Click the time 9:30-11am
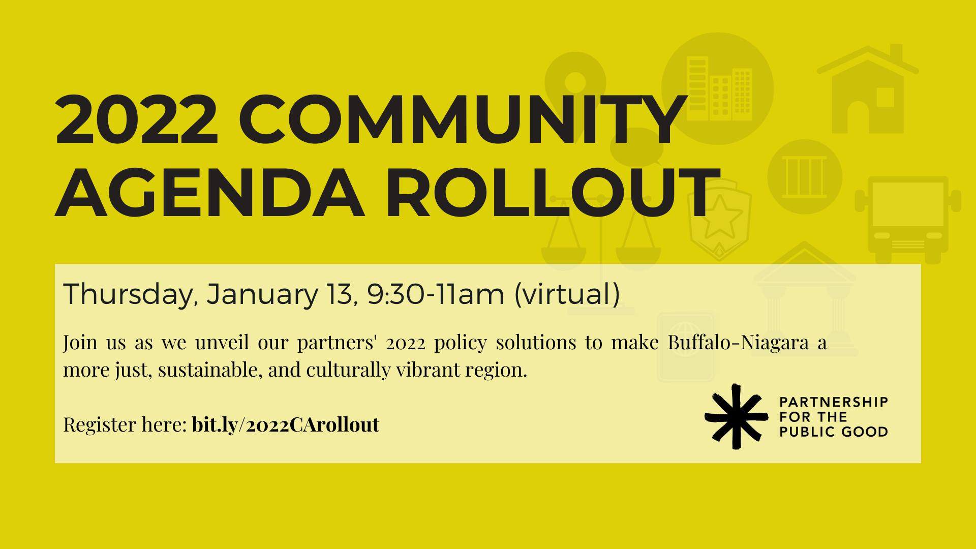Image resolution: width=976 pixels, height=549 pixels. tap(435, 295)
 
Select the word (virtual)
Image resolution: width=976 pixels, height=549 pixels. tap(567, 295)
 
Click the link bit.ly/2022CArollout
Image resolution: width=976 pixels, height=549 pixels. tap(286, 425)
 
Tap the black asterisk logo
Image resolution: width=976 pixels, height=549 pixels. tap(736, 417)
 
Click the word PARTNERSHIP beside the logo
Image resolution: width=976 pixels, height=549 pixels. tap(833, 402)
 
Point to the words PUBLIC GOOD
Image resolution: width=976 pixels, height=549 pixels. tap(833, 432)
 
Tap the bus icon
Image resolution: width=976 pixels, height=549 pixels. tap(908, 220)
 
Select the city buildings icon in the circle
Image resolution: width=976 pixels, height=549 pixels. tap(718, 89)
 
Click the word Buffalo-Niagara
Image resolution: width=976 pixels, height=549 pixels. tap(738, 343)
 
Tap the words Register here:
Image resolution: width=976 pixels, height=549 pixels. tap(125, 425)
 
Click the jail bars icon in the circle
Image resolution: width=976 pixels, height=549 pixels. tap(804, 177)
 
